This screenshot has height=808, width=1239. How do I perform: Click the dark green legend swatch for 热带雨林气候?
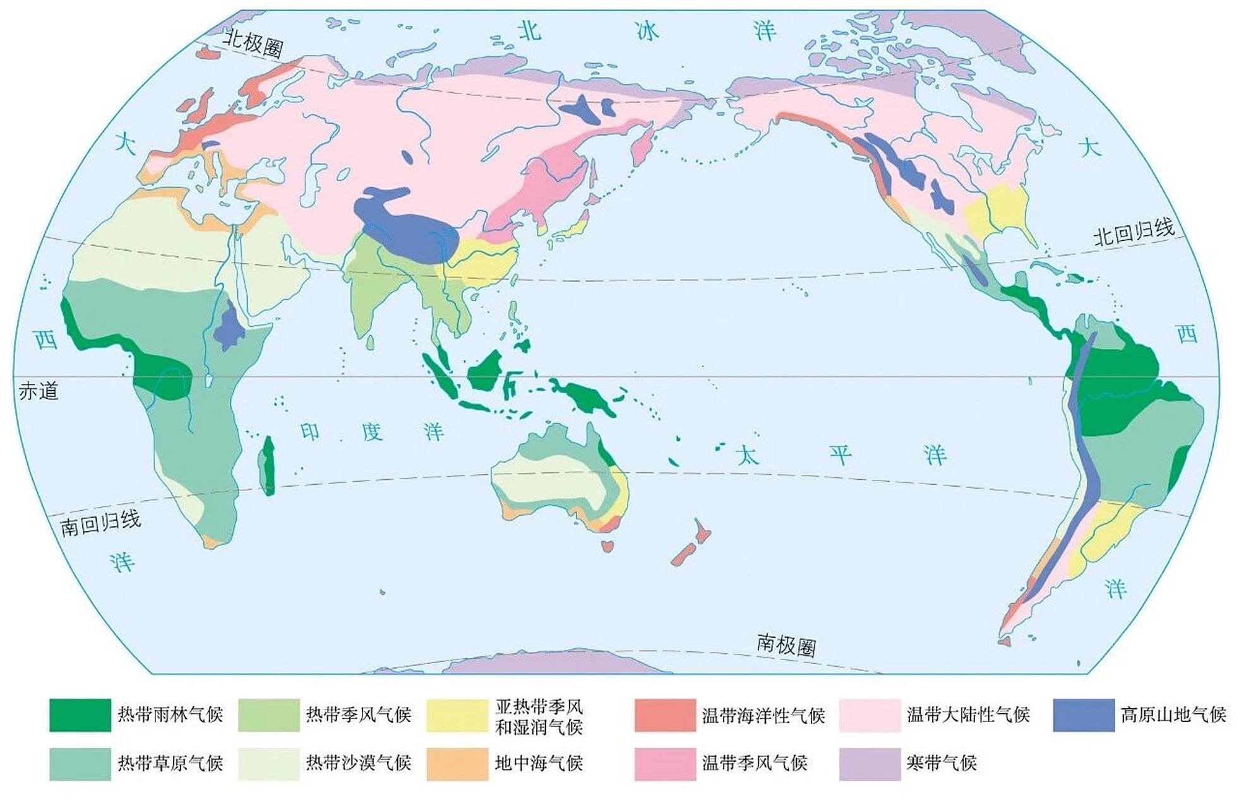coord(80,715)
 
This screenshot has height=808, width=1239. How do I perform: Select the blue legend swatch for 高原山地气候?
coord(1083,715)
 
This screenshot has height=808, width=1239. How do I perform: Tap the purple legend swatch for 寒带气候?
coord(869,764)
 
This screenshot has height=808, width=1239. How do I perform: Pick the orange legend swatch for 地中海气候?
coord(457,764)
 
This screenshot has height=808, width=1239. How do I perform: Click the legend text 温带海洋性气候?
coord(763,715)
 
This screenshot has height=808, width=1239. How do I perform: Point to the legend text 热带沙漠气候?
coord(358,763)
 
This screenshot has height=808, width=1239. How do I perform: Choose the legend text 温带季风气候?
coord(755,763)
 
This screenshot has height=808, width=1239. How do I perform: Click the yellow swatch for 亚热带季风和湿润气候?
coord(457,715)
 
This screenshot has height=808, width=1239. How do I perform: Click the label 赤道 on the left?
coord(38,391)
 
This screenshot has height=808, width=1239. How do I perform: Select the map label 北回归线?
coord(1134,232)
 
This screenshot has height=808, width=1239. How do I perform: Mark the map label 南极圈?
coord(786,645)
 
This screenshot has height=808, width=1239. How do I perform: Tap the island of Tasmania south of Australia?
coord(608,545)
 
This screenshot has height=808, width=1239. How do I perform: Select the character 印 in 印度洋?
coord(310,432)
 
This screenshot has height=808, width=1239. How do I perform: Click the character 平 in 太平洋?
coord(841,454)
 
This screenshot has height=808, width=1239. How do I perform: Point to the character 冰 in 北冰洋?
coord(647,32)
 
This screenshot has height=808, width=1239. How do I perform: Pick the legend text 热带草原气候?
coord(170,763)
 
